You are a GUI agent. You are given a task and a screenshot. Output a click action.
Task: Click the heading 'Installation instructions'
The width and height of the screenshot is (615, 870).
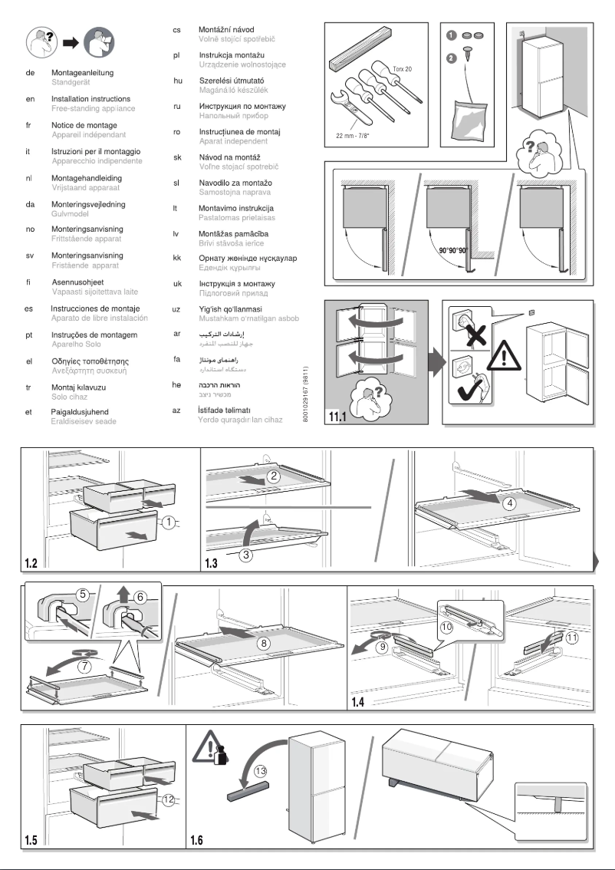coord(90,99)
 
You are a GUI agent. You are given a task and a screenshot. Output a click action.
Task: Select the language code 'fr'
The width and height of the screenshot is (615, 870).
coord(29,125)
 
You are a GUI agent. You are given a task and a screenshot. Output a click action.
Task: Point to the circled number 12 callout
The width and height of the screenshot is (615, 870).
coord(169,798)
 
